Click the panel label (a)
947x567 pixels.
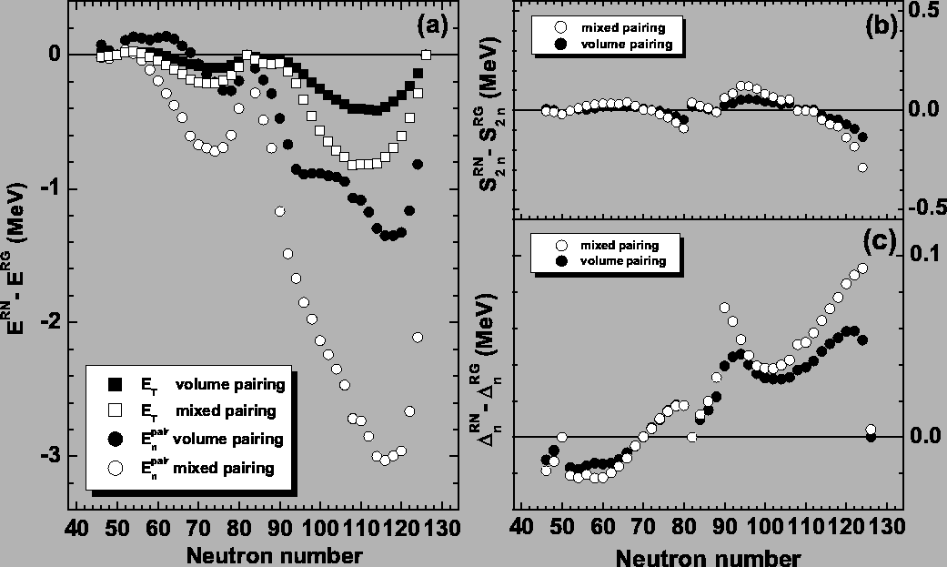[x=432, y=26]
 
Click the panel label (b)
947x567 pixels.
[x=881, y=26]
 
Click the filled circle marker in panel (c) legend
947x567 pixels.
[x=562, y=261]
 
